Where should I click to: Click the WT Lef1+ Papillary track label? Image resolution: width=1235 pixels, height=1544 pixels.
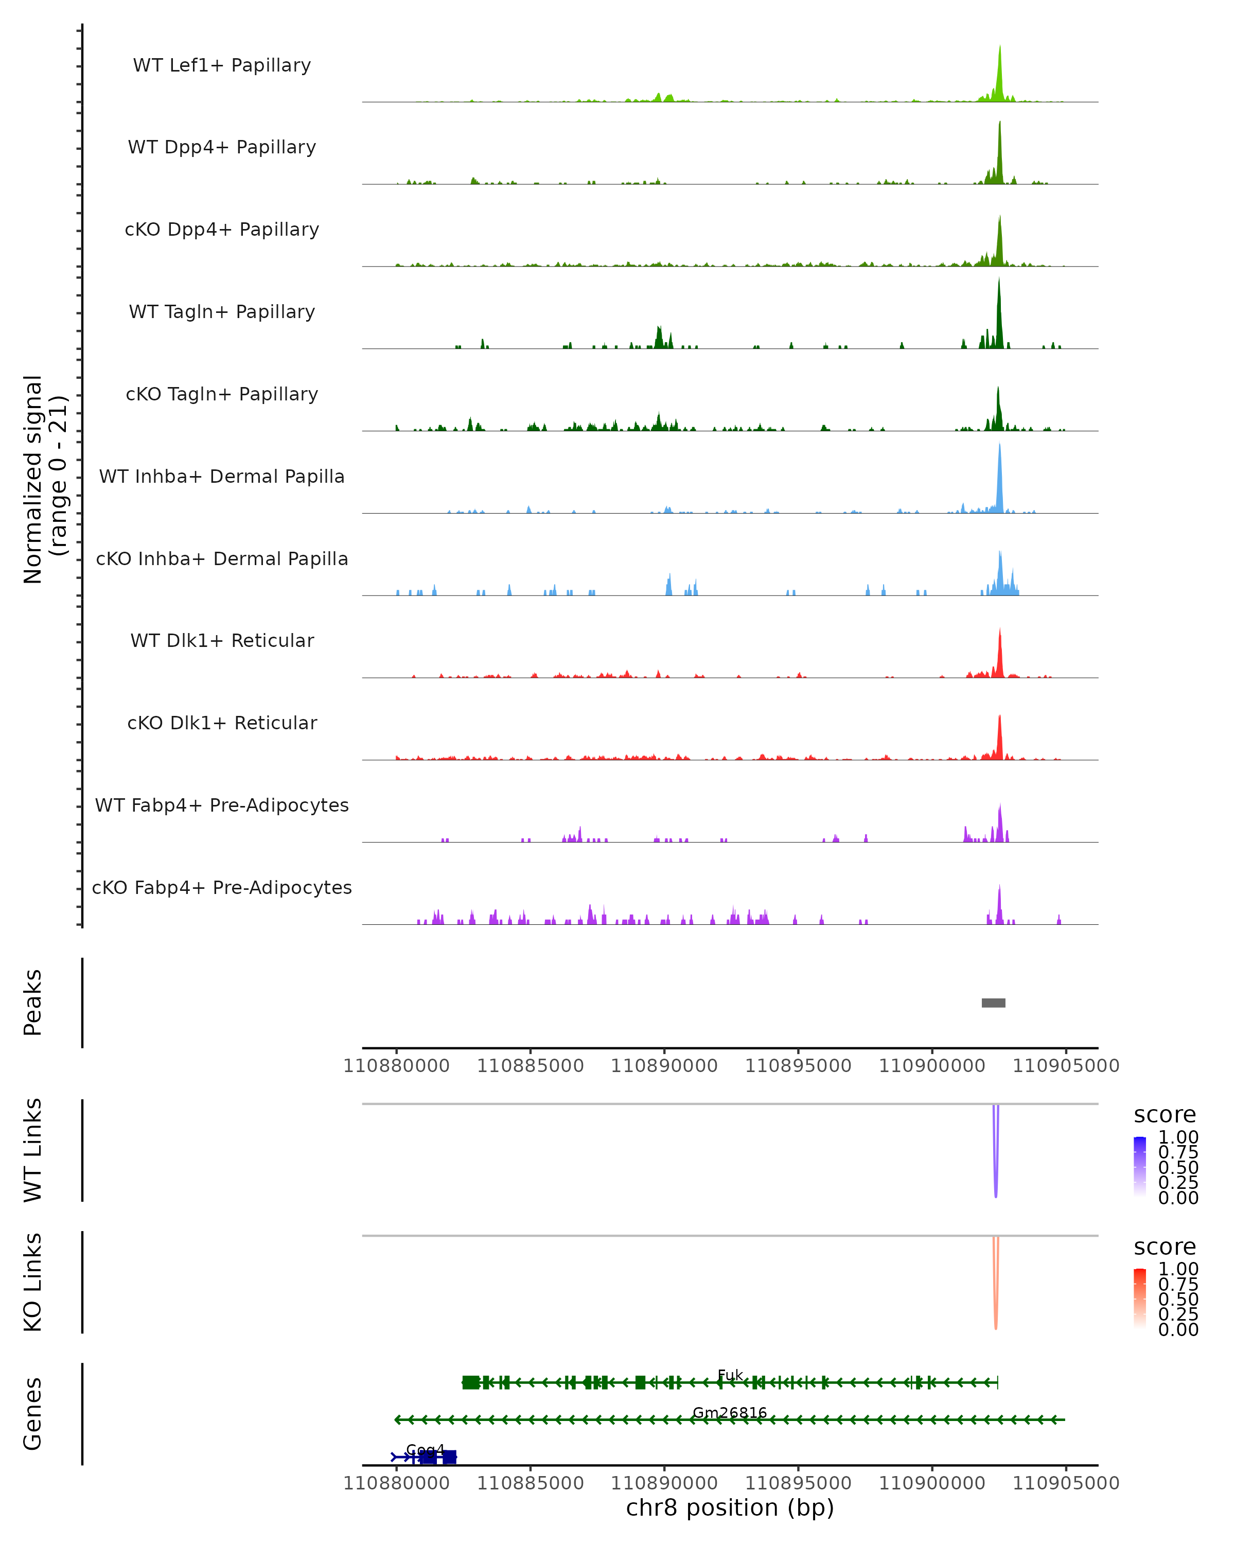point(222,65)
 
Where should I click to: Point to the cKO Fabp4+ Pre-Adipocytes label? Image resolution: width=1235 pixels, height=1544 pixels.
point(222,887)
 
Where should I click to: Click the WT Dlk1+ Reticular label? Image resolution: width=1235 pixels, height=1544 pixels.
point(222,640)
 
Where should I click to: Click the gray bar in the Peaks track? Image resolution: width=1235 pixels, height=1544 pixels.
point(993,1003)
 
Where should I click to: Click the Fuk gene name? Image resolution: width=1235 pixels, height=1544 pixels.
point(730,1375)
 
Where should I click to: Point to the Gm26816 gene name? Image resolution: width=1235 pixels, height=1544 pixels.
point(730,1412)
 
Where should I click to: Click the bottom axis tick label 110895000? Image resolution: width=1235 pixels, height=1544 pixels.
point(798,1483)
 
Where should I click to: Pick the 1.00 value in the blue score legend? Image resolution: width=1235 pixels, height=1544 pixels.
point(1178,1137)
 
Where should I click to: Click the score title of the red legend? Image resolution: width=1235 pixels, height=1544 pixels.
point(1165,1247)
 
